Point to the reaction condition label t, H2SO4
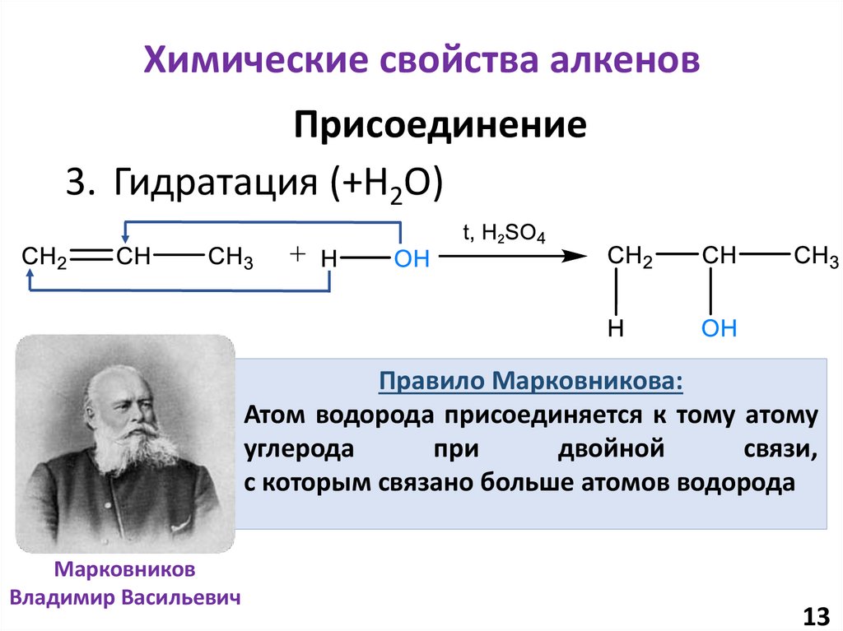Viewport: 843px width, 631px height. pyautogui.click(x=503, y=234)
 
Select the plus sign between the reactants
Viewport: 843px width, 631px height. pyautogui.click(x=297, y=256)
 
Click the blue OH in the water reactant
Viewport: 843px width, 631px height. pyautogui.click(x=412, y=260)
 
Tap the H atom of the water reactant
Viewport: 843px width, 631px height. pyautogui.click(x=328, y=260)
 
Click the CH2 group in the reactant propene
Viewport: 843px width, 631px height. pyautogui.click(x=44, y=258)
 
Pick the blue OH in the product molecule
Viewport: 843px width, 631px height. pyautogui.click(x=719, y=329)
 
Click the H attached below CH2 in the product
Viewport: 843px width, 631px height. pyautogui.click(x=615, y=329)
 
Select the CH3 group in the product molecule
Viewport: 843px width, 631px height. pyautogui.click(x=816, y=257)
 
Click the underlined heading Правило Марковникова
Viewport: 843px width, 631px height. pyautogui.click(x=530, y=383)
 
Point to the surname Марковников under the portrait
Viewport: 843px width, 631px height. pyautogui.click(x=126, y=570)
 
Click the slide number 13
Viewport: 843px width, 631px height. pyautogui.click(x=814, y=615)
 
